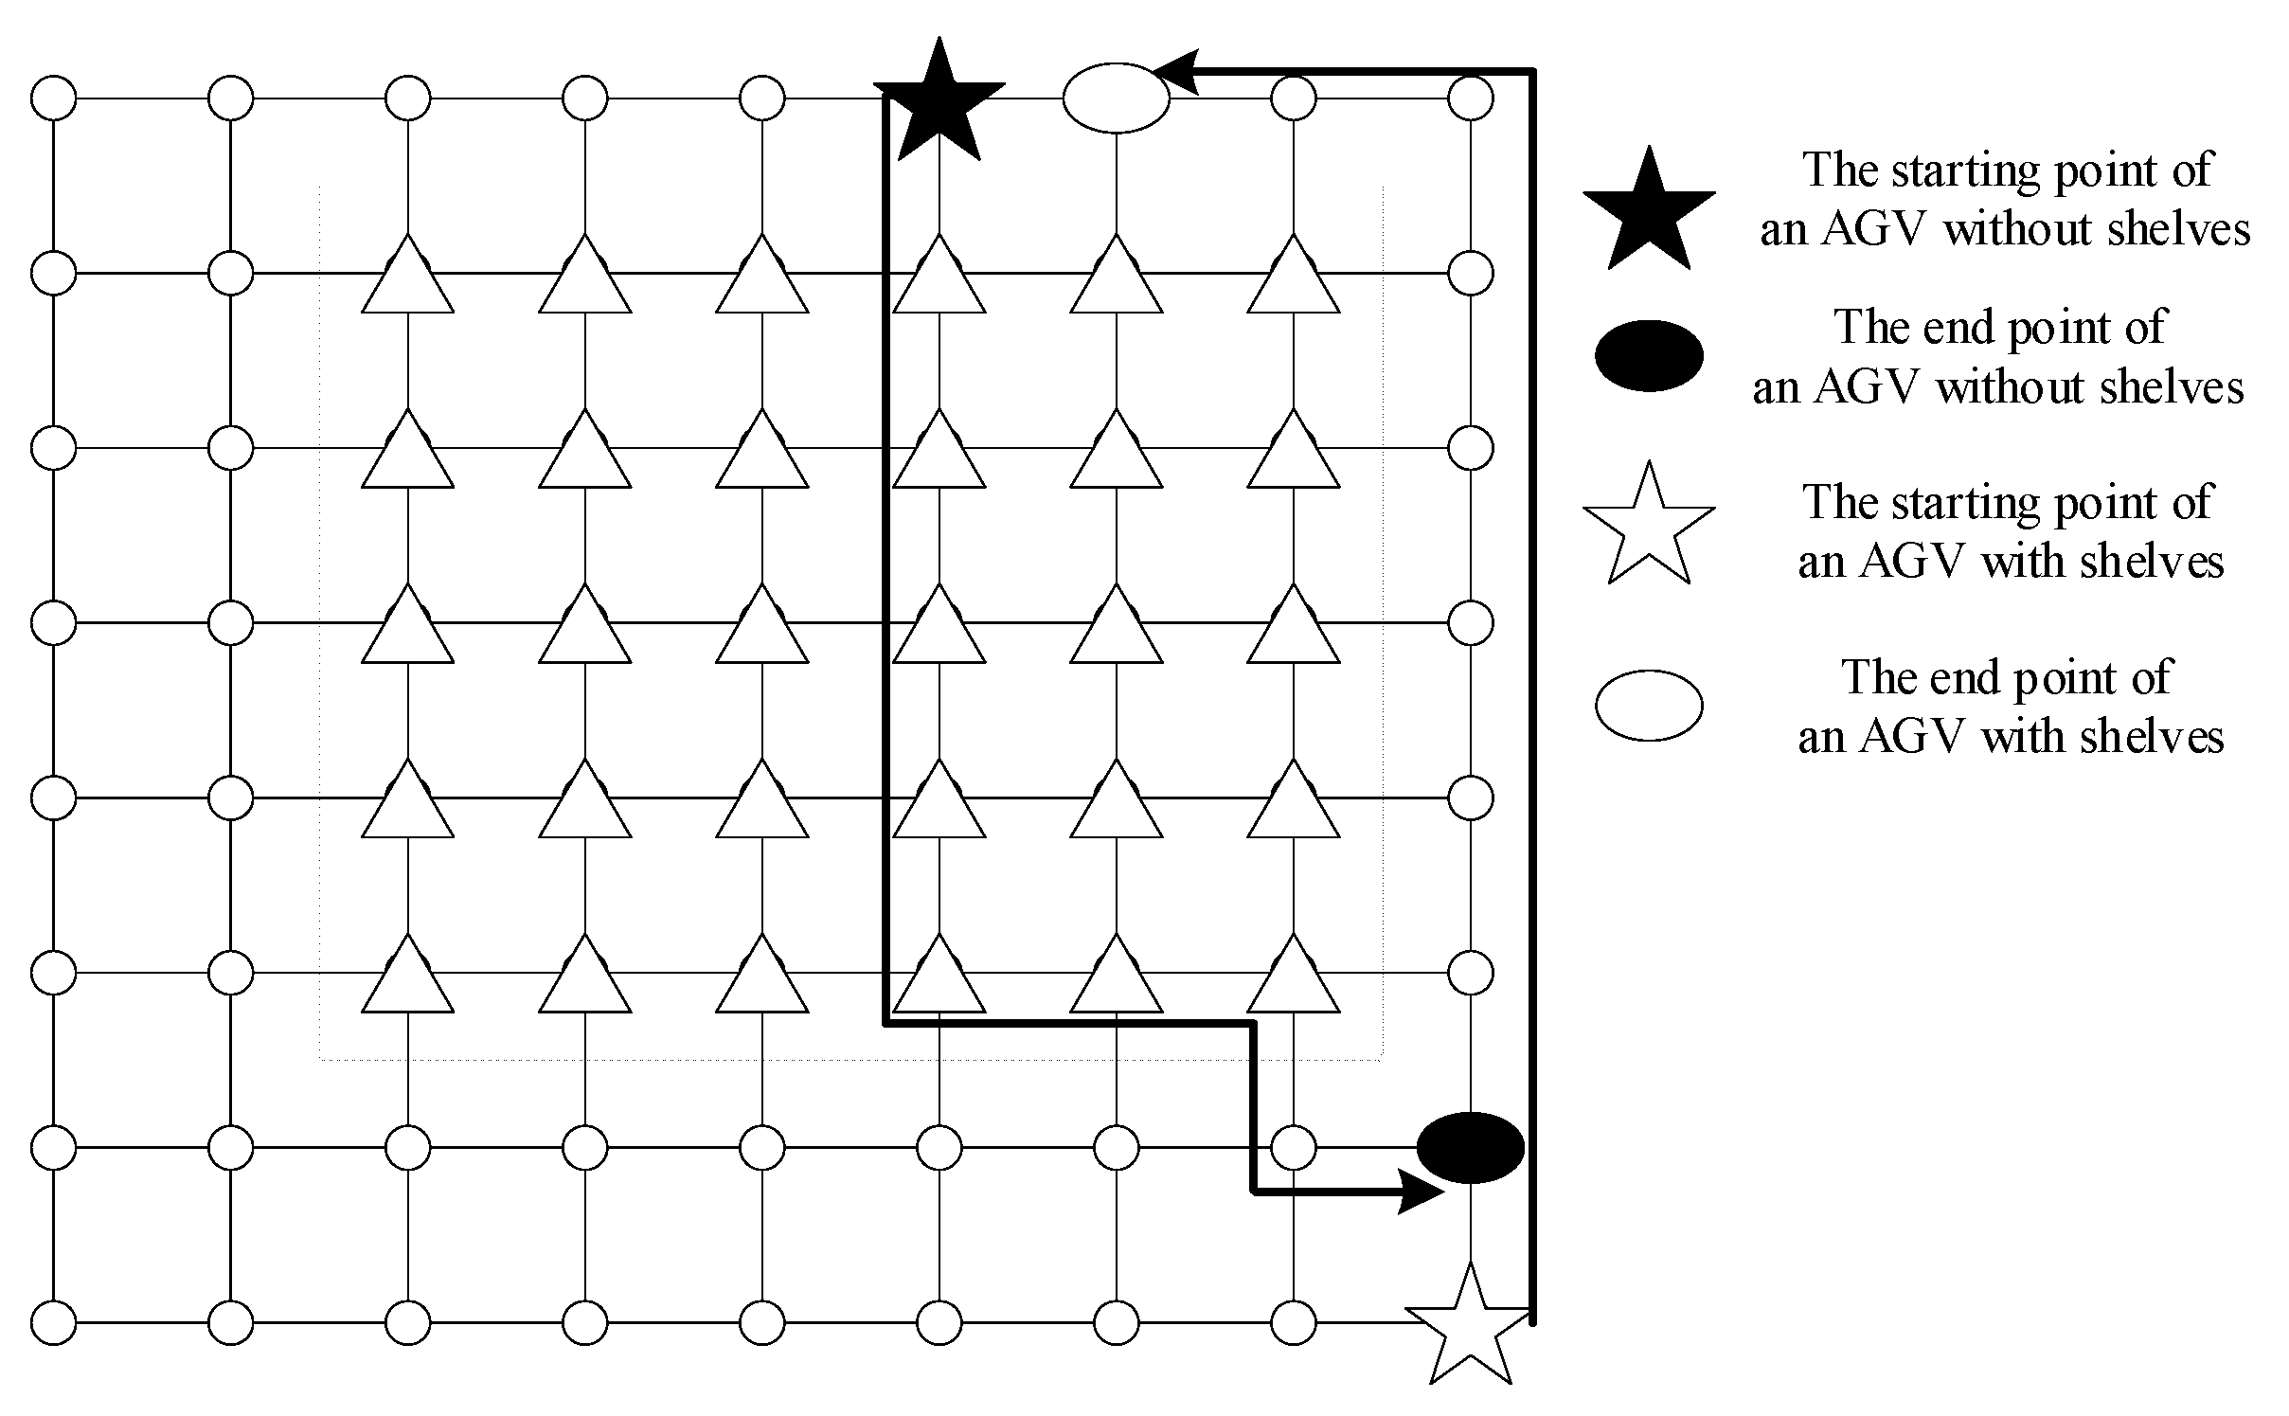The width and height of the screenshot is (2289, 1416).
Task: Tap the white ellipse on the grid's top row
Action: [1117, 98]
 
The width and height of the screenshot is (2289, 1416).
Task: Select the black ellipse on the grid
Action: [1470, 1147]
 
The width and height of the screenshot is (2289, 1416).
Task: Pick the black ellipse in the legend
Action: [1649, 356]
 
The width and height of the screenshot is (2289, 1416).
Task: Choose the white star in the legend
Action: [1649, 527]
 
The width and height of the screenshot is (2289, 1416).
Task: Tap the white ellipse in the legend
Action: [1649, 706]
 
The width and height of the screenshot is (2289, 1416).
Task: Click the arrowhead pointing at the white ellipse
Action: [1175, 72]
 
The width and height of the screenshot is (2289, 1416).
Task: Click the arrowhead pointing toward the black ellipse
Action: [1420, 1192]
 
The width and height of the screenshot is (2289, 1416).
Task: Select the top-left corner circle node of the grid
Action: [54, 98]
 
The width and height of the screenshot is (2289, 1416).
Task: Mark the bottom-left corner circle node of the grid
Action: [54, 1322]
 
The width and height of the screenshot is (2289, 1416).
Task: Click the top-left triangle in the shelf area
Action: [408, 276]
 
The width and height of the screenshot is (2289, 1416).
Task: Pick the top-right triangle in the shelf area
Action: [1294, 276]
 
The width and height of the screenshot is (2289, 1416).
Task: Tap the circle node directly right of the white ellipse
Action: [1294, 98]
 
